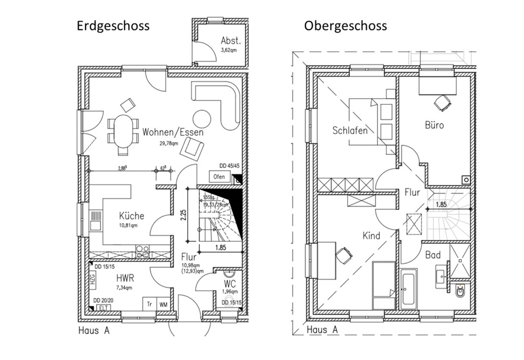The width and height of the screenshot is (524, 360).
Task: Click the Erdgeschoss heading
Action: [112, 26]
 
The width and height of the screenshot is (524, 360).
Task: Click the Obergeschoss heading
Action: [346, 26]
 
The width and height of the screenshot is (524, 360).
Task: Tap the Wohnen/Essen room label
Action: [165, 133]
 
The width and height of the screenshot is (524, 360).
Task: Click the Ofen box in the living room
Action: [219, 177]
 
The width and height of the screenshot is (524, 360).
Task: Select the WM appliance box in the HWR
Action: [163, 304]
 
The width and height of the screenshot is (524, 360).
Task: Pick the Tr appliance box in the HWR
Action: [148, 304]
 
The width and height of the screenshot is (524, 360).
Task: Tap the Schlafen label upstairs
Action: [350, 130]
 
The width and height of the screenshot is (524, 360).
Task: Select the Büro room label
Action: [434, 125]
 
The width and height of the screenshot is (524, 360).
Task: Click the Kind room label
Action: [371, 236]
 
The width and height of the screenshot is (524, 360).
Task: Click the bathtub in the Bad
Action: [409, 287]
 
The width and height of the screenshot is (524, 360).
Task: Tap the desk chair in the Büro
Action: [443, 101]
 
